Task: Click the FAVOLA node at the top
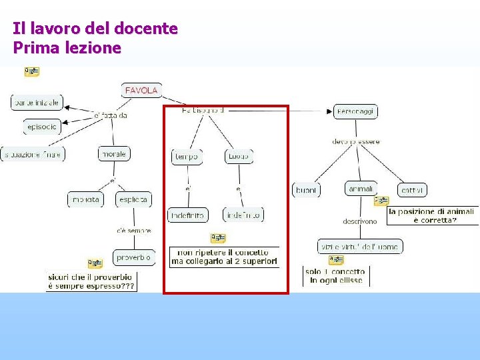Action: coord(141,90)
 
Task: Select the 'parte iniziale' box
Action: coord(36,103)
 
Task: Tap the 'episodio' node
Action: coord(42,126)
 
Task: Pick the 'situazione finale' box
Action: coord(33,154)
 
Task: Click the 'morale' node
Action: coord(113,154)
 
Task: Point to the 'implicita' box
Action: coord(85,199)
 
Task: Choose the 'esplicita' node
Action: coord(133,199)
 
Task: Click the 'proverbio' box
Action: coord(133,257)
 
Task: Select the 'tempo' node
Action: coord(187,157)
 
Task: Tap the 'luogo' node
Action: coord(238,157)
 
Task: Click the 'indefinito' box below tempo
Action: coord(187,215)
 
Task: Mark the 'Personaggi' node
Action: coord(355,111)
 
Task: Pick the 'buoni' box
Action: coord(306,190)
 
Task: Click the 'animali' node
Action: coord(361,189)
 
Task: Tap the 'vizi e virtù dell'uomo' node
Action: coord(360,247)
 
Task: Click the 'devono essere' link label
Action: coord(355,141)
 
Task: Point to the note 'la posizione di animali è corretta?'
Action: coord(432,215)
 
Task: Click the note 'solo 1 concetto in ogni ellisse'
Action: coord(336,276)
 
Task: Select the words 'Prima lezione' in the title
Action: coord(67,48)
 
